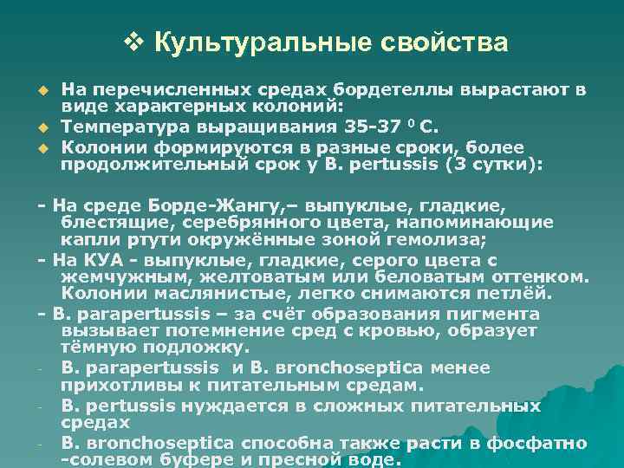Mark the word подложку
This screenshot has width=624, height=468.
pos(199,347)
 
